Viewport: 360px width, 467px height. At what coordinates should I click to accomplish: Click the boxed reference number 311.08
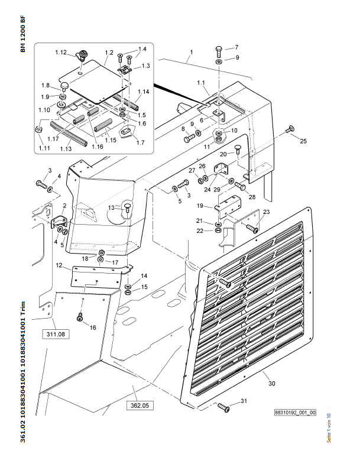coord(56,334)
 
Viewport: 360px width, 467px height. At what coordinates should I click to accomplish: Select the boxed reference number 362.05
coord(140,406)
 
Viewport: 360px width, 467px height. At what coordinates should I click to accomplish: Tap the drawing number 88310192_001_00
coord(295,413)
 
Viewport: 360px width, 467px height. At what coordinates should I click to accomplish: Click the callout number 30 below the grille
coord(272,384)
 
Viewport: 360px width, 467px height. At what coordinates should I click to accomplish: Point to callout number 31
coord(244,401)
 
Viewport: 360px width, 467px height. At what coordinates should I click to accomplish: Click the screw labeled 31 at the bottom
coord(223,407)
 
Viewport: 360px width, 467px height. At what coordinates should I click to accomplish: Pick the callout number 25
coord(303,141)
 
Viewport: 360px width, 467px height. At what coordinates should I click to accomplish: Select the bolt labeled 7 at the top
coord(219,52)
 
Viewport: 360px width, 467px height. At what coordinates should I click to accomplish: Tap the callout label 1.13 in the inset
coord(66,148)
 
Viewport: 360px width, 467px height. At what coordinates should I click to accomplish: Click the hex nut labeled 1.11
coord(38,129)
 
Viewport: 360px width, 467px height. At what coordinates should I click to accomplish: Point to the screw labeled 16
coord(80,317)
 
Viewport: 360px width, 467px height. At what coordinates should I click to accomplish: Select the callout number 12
coord(59,265)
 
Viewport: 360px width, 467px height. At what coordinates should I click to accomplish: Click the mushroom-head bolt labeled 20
coord(237,149)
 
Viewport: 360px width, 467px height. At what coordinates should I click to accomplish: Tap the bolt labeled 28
coord(240,186)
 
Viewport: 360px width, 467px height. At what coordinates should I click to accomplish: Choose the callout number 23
coord(267,212)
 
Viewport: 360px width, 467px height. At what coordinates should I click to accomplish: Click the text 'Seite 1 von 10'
coord(329,427)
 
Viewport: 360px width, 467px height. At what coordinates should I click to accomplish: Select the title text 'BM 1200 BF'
coord(23,34)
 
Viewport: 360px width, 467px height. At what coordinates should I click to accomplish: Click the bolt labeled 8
coord(189,138)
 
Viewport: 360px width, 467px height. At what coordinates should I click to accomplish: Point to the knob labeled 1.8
coord(64,86)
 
